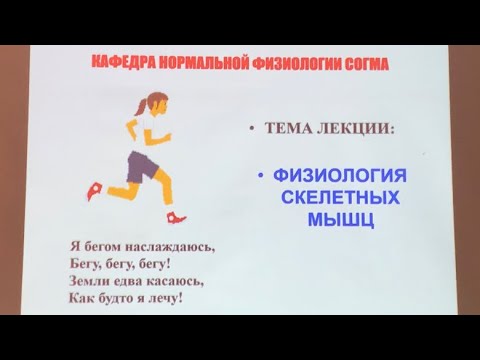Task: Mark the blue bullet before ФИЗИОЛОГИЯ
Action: click(x=259, y=176)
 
